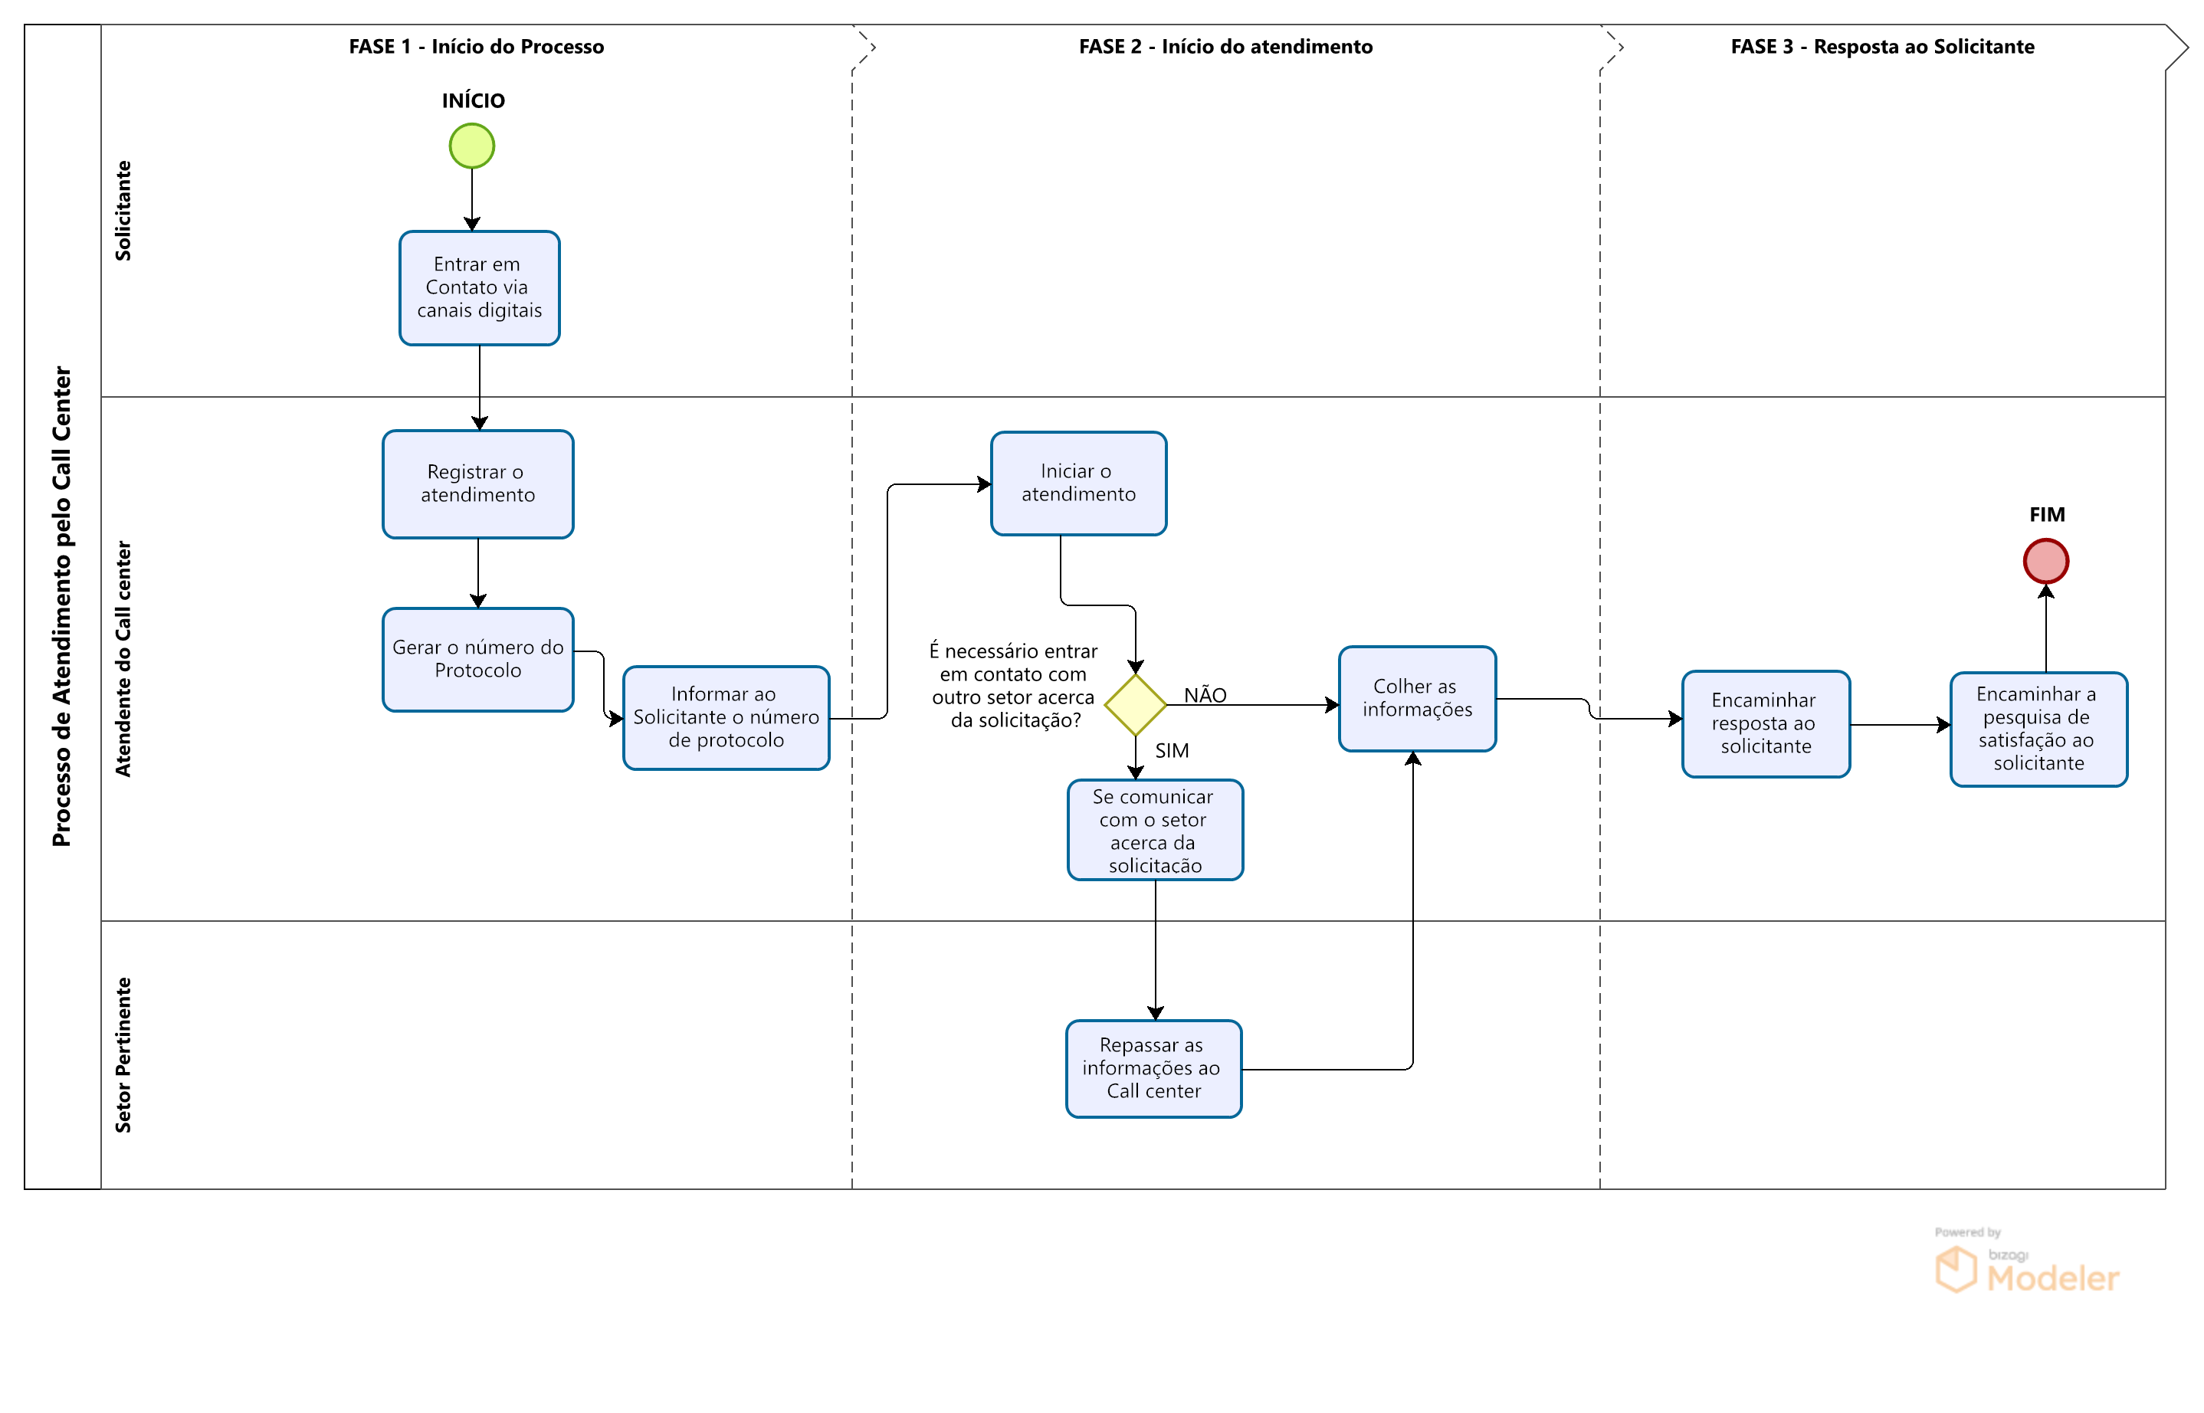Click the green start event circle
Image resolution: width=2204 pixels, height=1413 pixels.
pos(471,146)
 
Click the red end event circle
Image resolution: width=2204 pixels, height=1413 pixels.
pos(2045,561)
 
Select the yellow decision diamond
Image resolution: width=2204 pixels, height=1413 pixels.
pos(1135,705)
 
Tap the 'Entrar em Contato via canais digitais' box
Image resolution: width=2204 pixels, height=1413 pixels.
pos(479,288)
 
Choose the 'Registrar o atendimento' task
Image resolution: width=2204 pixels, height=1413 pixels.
pos(477,484)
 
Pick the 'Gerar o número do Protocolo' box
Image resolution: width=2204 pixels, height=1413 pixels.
pos(477,659)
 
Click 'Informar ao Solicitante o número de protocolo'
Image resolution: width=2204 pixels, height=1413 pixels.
pos(726,717)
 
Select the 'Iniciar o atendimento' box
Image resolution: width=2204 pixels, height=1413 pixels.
pos(1078,483)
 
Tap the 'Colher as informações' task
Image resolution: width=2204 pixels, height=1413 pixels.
pos(1417,698)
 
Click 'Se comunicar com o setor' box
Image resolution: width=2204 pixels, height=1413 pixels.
pos(1154,829)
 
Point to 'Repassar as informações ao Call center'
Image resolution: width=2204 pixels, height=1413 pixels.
pos(1153,1068)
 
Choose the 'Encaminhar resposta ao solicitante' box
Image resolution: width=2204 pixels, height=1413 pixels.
pos(1764,723)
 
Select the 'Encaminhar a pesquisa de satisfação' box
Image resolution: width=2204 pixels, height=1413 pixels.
pos(2038,729)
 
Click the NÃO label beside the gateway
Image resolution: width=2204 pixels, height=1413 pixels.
pos(1205,694)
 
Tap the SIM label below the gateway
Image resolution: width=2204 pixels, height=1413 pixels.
pos(1172,750)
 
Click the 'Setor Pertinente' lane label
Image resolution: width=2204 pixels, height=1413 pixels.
pos(123,1054)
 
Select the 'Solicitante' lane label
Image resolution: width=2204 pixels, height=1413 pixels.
pos(123,210)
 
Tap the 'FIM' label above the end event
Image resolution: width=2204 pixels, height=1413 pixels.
pos(2046,514)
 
